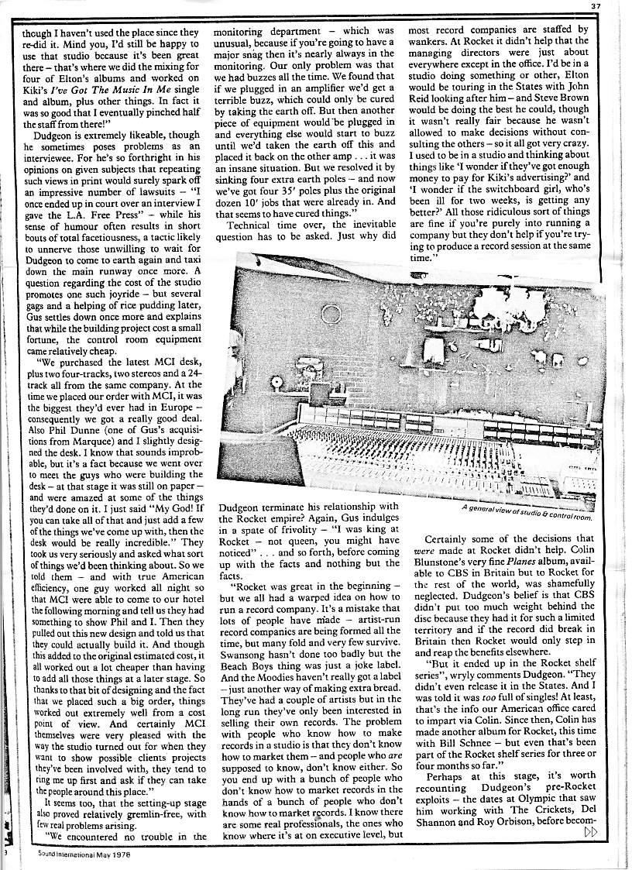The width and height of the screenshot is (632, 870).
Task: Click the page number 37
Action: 618,7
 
